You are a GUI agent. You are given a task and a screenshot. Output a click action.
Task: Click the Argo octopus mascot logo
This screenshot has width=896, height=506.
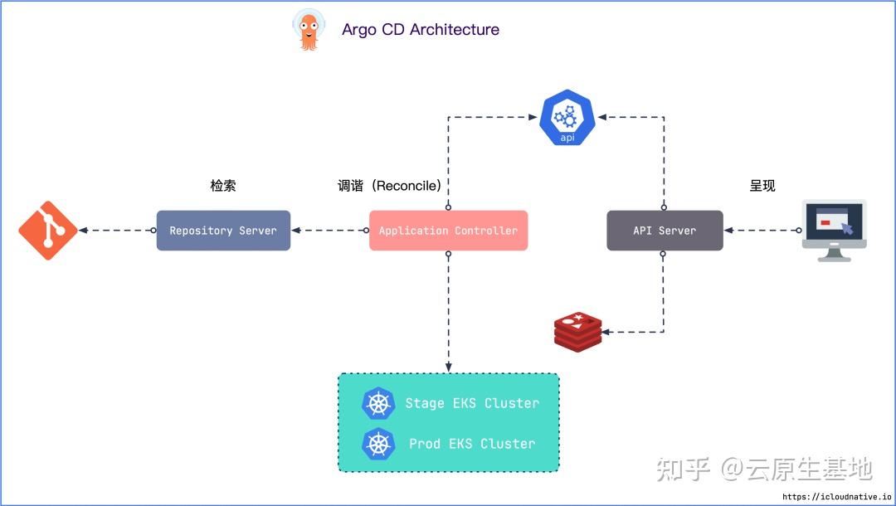coord(309,30)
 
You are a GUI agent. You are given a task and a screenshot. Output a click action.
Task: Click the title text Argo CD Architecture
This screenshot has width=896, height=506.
coord(420,30)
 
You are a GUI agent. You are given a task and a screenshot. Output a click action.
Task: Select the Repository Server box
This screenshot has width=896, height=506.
coord(223,231)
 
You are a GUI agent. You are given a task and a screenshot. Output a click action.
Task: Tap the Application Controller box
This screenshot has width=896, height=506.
coord(448,231)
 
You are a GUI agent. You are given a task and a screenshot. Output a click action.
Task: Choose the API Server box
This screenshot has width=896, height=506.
coord(665,231)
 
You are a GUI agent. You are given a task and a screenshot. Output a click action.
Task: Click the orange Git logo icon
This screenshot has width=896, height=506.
coord(48,231)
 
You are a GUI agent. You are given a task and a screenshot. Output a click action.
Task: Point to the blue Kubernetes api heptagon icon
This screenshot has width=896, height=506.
coord(567,119)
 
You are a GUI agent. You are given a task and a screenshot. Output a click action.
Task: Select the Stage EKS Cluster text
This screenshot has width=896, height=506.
coord(472,403)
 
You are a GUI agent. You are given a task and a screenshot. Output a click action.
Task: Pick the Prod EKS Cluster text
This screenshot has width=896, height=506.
coord(472,444)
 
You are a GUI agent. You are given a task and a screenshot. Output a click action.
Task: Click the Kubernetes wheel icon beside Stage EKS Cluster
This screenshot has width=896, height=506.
coord(379,404)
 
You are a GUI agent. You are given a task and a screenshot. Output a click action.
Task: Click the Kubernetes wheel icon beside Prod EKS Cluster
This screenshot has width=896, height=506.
coord(379,444)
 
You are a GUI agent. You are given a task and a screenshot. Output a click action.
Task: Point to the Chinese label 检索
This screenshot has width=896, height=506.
coord(222,186)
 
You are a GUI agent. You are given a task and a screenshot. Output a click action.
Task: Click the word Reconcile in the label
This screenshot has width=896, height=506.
coord(407,186)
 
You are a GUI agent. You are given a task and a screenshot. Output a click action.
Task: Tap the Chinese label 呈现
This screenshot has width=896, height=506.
coord(762,186)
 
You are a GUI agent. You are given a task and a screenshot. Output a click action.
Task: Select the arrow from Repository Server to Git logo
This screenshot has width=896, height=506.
coord(116,231)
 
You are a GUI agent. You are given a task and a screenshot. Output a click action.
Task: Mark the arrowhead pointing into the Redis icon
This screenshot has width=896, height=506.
coord(606,333)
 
